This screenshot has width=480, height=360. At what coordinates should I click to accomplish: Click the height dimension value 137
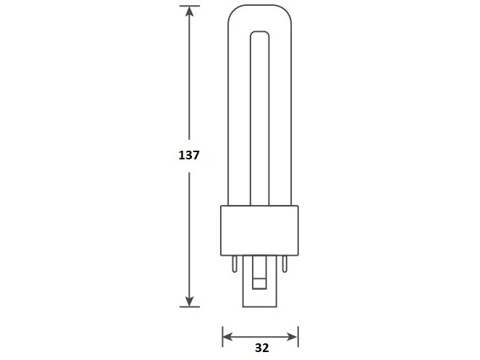tap(188, 155)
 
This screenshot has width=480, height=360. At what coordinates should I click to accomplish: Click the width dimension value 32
tap(261, 347)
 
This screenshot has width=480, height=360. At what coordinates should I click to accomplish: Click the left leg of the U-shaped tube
tap(238, 116)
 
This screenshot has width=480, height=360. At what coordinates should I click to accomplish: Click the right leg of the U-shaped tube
tap(282, 116)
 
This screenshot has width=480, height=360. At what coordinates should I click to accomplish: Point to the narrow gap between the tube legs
tap(260, 116)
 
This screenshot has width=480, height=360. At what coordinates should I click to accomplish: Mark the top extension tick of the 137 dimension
tap(189, 6)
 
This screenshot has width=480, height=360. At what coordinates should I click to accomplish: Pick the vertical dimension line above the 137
tap(189, 80)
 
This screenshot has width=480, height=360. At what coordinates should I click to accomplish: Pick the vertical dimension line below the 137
tap(189, 232)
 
